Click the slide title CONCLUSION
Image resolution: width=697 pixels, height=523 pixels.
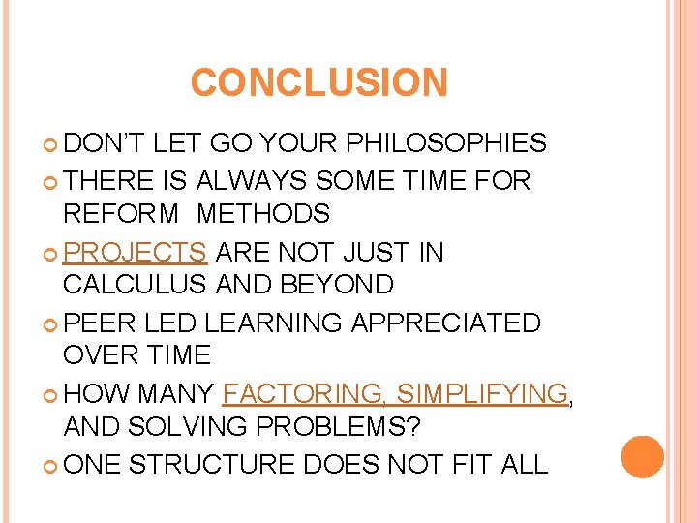click(x=319, y=82)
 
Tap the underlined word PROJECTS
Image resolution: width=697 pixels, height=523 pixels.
click(x=135, y=253)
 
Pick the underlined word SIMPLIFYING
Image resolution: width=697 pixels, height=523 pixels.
click(x=482, y=394)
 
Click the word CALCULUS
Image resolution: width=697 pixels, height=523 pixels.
click(x=135, y=285)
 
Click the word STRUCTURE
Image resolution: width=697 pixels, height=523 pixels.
click(x=212, y=464)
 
